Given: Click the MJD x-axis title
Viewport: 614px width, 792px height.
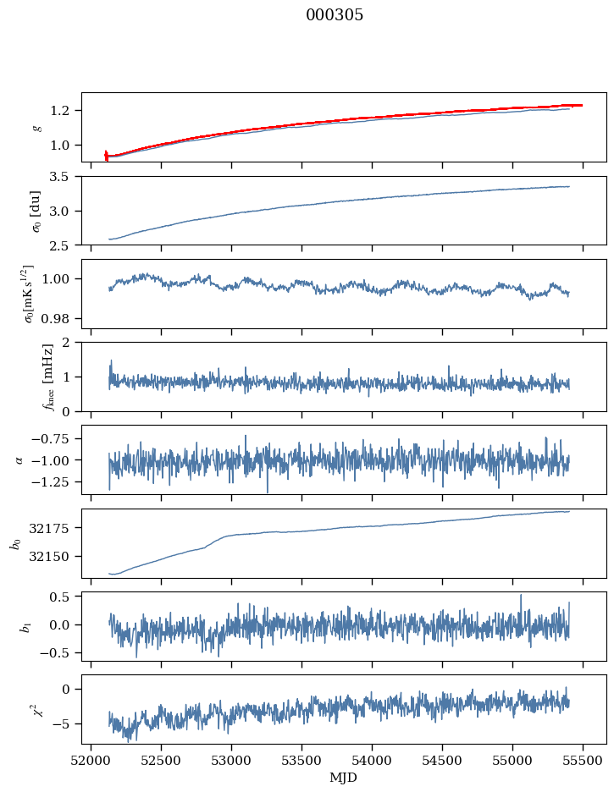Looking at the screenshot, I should (344, 777).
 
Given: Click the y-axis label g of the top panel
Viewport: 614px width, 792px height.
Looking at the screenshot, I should (36, 127).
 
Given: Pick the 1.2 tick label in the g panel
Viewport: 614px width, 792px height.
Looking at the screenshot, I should (66, 111).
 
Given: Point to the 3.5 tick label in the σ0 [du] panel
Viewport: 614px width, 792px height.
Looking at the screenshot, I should (66, 177).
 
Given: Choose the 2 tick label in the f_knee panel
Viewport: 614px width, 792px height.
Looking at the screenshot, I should (71, 343).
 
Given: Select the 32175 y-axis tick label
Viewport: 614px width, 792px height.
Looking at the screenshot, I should (56, 528).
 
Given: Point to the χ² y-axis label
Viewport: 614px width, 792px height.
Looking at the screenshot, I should (36, 709).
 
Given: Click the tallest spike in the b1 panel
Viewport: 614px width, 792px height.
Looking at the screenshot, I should (521, 595).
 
